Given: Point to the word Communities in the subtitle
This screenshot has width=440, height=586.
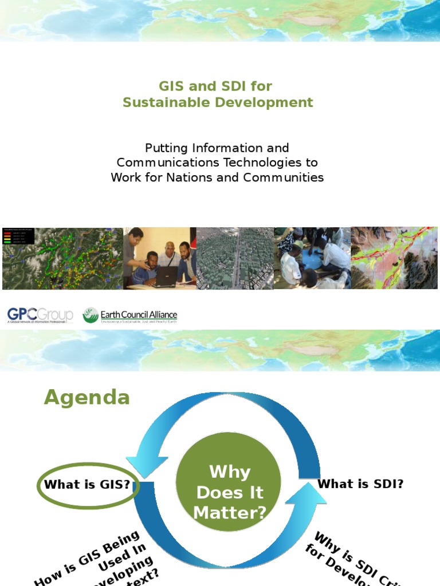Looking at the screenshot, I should click(283, 177).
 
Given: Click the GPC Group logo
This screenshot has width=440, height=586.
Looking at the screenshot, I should click(40, 315).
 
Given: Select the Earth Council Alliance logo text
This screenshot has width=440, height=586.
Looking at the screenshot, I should click(139, 315).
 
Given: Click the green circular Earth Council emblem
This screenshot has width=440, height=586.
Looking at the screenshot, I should click(91, 315).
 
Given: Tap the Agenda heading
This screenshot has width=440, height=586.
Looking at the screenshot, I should click(87, 397).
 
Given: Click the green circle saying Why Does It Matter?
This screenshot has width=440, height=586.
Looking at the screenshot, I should click(229, 492).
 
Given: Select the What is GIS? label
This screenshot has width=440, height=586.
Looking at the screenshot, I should click(87, 485).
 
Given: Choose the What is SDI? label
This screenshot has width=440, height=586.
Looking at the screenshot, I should click(360, 484).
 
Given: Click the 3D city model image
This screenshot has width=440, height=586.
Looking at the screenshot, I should click(235, 259).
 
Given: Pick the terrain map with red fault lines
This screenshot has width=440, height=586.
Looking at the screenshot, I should click(394, 258).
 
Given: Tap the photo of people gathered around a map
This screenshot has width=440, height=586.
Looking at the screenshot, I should click(312, 259).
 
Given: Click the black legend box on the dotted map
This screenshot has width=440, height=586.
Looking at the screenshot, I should click(18, 236).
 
